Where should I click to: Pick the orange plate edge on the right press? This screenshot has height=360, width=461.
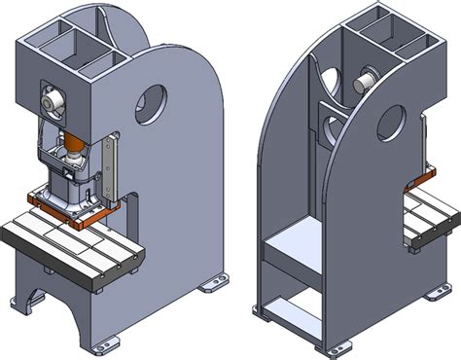[x=421, y=178]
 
